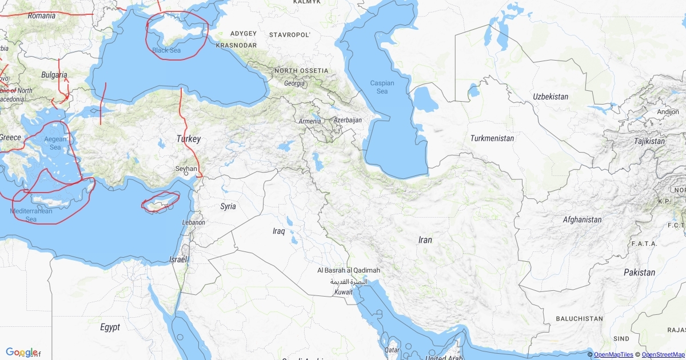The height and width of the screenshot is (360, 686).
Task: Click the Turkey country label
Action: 189,139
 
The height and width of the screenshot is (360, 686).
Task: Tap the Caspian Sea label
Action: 382,87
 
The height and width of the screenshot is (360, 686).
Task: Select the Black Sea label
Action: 166,50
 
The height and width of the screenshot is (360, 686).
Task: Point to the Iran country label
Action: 425,240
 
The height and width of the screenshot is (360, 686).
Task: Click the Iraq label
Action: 278,231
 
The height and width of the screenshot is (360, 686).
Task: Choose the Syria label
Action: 228,206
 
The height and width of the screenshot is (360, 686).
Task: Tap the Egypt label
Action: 110,327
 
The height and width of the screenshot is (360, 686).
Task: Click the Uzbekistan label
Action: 551,97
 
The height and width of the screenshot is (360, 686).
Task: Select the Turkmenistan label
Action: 492,138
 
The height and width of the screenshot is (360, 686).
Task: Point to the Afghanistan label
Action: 582,219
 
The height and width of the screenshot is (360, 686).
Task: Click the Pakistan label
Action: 639,272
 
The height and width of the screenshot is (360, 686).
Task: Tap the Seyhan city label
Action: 186,169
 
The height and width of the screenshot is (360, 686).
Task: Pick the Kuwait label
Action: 344,293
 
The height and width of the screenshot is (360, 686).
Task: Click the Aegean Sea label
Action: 55,143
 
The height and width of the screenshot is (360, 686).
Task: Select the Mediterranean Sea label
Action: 31,215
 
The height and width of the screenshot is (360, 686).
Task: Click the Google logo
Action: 22,352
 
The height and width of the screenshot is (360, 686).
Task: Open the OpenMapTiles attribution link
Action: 613,355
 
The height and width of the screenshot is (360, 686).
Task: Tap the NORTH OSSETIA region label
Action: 301,71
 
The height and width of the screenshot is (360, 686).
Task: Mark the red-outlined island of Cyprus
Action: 161,202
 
